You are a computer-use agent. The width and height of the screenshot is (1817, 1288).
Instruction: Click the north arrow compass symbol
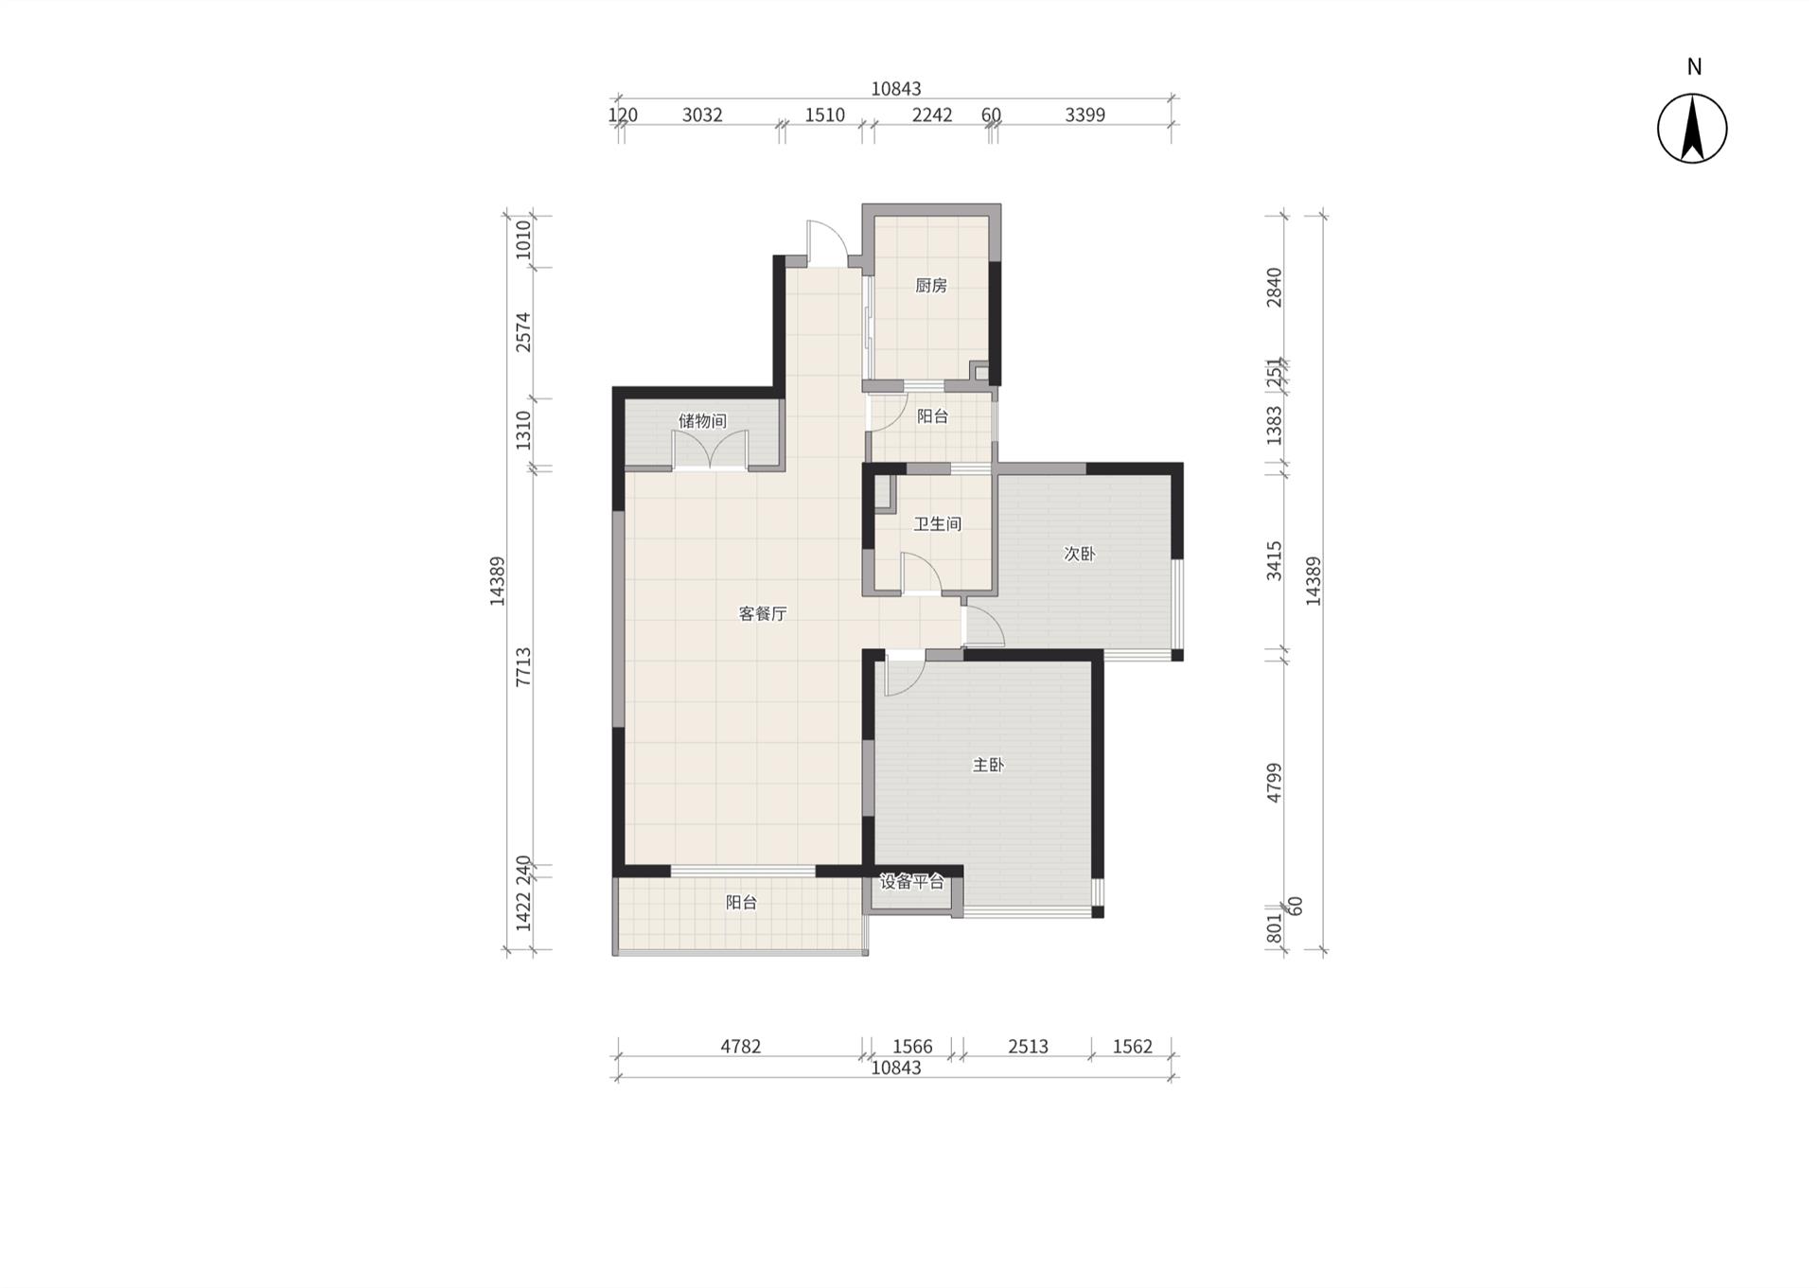tap(1692, 129)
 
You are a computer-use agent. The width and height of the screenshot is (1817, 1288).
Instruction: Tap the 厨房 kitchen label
tap(931, 285)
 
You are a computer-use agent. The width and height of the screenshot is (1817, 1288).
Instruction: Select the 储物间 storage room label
tap(702, 420)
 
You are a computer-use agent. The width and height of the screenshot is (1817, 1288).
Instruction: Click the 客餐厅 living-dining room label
tap(763, 613)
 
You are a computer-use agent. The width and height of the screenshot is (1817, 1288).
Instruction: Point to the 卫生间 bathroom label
tap(937, 523)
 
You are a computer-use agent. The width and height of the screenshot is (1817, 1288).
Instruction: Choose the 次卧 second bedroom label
tap(1080, 554)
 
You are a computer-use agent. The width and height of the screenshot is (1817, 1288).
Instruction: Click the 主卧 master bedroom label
tap(988, 765)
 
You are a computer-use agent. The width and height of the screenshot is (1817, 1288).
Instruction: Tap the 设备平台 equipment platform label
tap(912, 882)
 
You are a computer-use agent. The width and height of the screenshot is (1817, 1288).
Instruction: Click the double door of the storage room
tap(710, 450)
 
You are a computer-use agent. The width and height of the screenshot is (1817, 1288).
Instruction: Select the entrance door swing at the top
tap(826, 242)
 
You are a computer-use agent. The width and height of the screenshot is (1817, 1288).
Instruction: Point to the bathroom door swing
tap(920, 573)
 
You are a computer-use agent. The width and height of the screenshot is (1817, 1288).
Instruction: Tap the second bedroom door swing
tap(983, 626)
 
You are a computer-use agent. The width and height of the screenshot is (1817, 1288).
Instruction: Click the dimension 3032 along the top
tap(702, 115)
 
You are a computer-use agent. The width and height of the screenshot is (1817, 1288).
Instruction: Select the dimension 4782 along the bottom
tap(740, 1047)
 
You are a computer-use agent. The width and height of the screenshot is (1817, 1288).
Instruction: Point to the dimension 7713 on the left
tap(523, 667)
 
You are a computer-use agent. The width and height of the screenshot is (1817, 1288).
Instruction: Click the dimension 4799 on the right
tap(1275, 784)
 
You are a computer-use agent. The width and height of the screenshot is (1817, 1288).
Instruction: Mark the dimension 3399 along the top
tap(1085, 115)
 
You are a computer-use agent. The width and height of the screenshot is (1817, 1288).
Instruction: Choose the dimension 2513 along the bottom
tap(1028, 1047)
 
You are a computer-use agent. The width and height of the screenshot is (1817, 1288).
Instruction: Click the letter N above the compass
tap(1694, 67)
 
